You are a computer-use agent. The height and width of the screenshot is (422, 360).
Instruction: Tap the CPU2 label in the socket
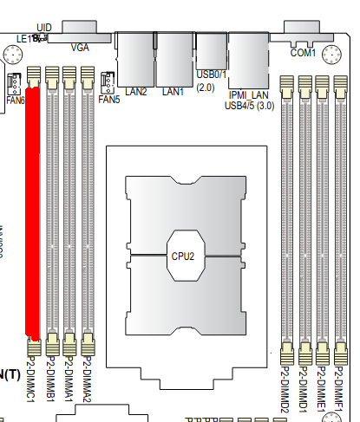[x=181, y=256]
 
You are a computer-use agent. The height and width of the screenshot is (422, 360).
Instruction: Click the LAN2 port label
[x=136, y=90]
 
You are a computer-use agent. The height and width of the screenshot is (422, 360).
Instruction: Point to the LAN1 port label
[x=173, y=90]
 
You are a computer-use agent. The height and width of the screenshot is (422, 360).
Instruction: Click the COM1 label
[x=303, y=53]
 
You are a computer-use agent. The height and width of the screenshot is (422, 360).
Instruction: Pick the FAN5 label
[x=109, y=100]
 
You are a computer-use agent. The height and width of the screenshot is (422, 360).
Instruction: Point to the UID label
[x=44, y=28]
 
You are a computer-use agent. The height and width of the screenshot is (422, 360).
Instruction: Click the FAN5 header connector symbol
[x=108, y=82]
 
